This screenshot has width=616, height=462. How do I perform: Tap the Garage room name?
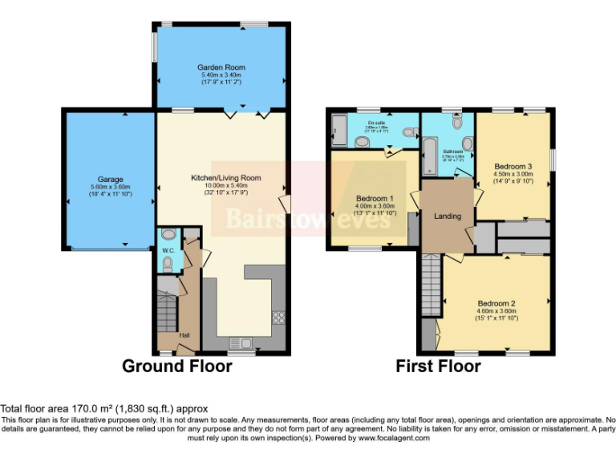107,179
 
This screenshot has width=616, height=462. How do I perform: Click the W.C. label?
168,251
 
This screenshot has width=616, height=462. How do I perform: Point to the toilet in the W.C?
167,234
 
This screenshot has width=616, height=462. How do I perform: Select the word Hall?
184,334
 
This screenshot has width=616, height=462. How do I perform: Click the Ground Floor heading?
176,367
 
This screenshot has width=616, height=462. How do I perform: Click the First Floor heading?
438,367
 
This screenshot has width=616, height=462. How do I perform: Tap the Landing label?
447,215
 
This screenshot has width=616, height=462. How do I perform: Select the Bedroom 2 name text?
496,303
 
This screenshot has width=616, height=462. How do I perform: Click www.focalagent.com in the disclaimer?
394,439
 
